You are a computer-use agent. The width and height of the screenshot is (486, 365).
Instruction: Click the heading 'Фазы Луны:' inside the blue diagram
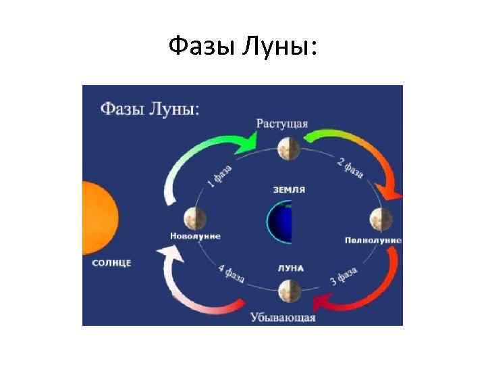coord(150,109)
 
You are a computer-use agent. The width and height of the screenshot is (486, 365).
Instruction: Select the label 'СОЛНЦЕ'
coord(111,262)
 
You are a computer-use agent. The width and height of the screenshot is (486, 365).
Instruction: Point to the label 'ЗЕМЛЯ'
coord(288,190)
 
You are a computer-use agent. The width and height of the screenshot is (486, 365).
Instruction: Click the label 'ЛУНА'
coord(290,268)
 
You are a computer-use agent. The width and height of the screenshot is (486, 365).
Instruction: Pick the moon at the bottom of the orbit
coord(288,293)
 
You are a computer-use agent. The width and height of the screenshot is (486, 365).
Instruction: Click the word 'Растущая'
coord(282,124)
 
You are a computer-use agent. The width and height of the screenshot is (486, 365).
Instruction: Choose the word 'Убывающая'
coord(283,316)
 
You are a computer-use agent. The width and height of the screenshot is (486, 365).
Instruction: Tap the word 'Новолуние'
coord(195,237)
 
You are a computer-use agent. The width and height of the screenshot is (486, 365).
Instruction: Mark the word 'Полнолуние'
coord(373,240)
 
